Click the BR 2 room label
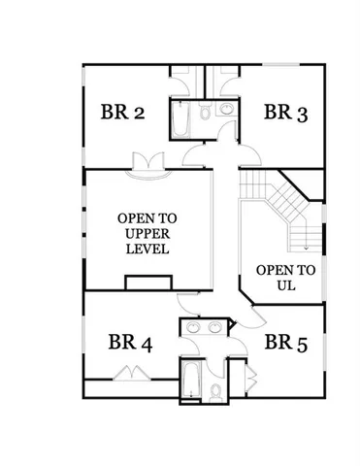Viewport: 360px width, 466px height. point(123,113)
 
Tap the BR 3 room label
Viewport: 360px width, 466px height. point(286,113)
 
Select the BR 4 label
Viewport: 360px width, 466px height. point(130,342)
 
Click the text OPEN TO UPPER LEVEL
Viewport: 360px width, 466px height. point(147,233)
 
